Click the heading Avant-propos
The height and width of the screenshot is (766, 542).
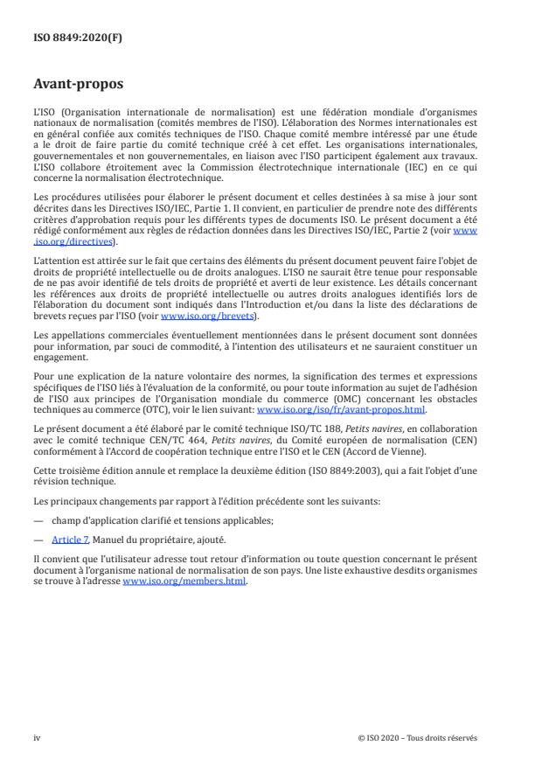(79, 86)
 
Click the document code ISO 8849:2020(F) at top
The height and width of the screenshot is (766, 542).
(72, 38)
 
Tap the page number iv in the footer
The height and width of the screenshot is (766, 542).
(37, 737)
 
